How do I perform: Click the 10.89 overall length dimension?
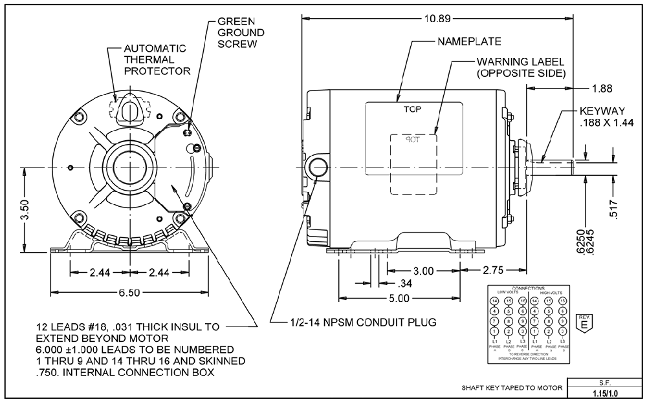[x=438, y=18]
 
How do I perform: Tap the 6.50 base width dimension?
[x=129, y=292]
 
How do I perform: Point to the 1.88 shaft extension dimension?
[x=601, y=88]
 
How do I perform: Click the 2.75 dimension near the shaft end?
[x=494, y=270]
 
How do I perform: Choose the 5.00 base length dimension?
[x=400, y=298]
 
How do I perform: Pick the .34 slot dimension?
[x=406, y=283]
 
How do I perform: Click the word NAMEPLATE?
[x=469, y=42]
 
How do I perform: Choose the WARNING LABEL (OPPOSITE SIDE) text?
[x=521, y=67]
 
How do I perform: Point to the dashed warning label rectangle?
[x=413, y=163]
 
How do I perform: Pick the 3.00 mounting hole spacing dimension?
[x=423, y=271]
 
